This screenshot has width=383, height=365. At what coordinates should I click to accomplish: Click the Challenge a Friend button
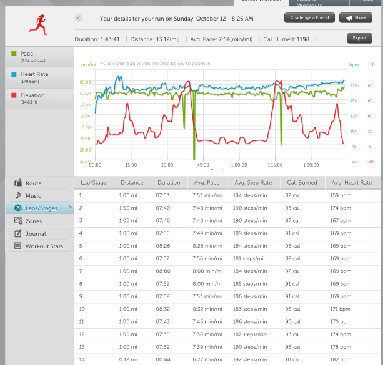point(309,18)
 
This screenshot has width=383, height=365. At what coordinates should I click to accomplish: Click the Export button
point(359,38)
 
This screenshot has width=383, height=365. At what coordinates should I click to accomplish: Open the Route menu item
point(33,183)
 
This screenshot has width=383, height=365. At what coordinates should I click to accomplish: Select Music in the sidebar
point(33,196)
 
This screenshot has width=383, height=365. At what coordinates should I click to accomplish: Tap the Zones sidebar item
point(34,221)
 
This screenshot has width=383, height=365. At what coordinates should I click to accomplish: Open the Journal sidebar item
point(36,234)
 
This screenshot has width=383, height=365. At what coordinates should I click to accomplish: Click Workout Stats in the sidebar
point(44,246)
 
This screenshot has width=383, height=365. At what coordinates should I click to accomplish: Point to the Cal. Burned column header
point(301,183)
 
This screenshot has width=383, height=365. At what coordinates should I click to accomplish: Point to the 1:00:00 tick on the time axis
point(239,165)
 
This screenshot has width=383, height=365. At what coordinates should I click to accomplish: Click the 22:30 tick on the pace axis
point(85,161)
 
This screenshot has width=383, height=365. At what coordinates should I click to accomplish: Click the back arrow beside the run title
point(78,19)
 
